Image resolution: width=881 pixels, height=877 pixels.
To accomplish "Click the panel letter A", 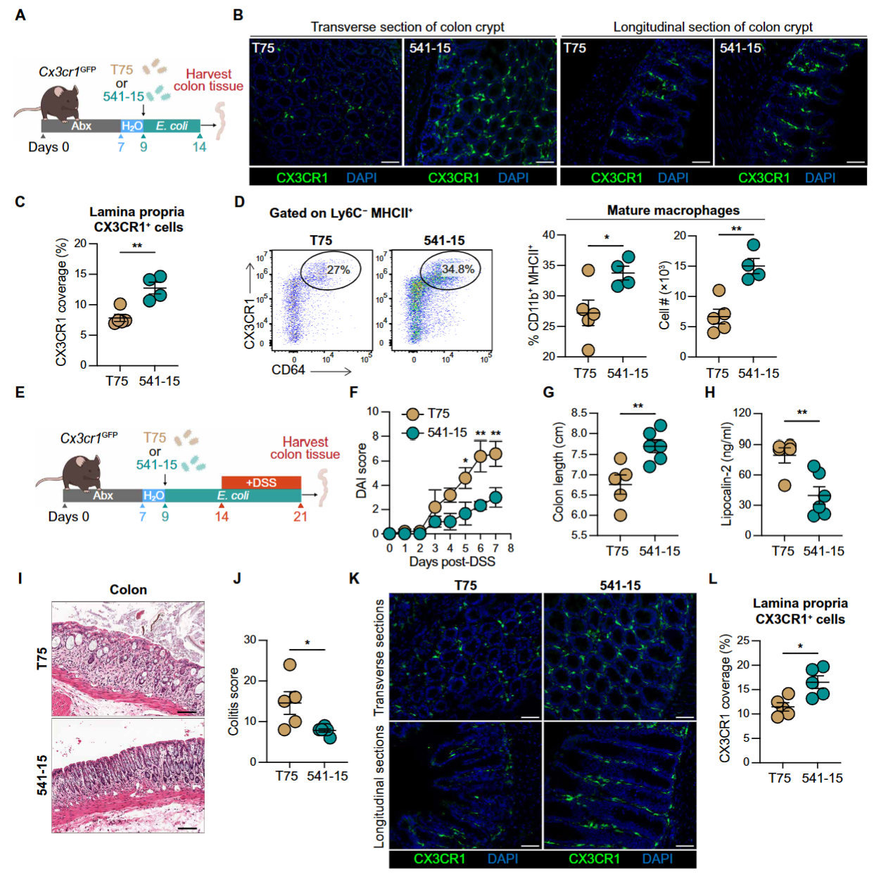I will pyautogui.click(x=20, y=15).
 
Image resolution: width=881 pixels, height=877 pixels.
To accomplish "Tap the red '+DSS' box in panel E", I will pyautogui.click(x=260, y=482).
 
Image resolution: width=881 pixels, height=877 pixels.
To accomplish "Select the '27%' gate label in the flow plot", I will pyautogui.click(x=338, y=270).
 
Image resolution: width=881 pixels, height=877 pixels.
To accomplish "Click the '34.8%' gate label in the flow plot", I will pyautogui.click(x=457, y=269).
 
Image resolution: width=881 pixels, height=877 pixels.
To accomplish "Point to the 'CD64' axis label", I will pyautogui.click(x=288, y=370).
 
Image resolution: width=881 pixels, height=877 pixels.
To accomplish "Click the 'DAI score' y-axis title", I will pyautogui.click(x=362, y=471).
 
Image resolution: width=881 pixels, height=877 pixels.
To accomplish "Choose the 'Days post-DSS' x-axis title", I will pyautogui.click(x=452, y=562).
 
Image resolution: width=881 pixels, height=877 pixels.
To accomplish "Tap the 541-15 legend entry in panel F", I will pyautogui.click(x=436, y=432).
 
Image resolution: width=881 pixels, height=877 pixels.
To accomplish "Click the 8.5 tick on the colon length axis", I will pyautogui.click(x=579, y=412).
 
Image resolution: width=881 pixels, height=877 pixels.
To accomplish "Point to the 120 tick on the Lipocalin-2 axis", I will pyautogui.click(x=742, y=412).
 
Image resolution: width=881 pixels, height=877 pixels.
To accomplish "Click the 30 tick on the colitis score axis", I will pyautogui.click(x=250, y=640).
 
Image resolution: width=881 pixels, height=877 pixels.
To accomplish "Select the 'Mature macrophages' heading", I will pyautogui.click(x=673, y=210).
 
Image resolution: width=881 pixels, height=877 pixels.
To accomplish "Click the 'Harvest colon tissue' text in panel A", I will pyautogui.click(x=208, y=80).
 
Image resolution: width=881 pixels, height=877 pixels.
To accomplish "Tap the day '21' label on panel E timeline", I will pyautogui.click(x=300, y=517).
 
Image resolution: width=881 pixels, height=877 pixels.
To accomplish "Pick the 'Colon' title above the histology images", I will pyautogui.click(x=128, y=590).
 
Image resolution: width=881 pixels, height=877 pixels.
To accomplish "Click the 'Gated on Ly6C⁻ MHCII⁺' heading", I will pyautogui.click(x=341, y=213).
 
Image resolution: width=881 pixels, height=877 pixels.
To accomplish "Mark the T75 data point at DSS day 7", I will pyautogui.click(x=495, y=454).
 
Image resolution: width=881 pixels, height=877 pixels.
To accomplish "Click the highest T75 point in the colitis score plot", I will pyautogui.click(x=289, y=664).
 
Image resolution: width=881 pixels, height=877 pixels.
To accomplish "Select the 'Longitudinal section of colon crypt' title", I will pyautogui.click(x=712, y=27).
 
